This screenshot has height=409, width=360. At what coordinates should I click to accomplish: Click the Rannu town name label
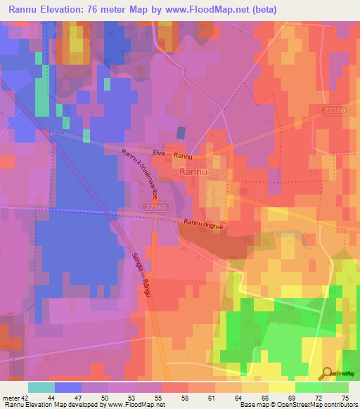(x=193, y=171)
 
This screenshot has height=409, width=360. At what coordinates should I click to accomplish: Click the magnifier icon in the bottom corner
(x=326, y=374)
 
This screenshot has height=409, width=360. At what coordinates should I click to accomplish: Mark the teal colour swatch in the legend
(x=41, y=387)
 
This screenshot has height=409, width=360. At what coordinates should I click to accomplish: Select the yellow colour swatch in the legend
(x=281, y=387)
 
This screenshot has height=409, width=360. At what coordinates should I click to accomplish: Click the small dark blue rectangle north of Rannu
(x=181, y=132)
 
